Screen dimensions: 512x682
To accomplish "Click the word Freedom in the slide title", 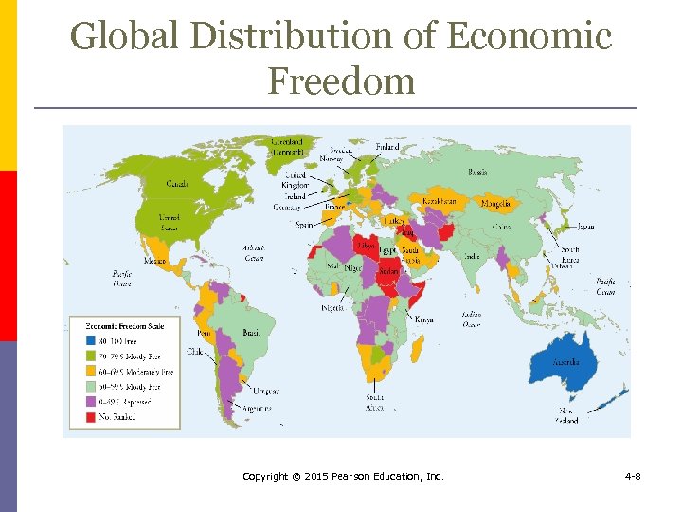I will click(x=341, y=81).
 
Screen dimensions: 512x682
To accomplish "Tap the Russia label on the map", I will click(x=478, y=172).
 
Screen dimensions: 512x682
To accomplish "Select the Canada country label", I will click(x=177, y=183).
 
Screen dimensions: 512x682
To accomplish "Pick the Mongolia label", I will click(x=495, y=203).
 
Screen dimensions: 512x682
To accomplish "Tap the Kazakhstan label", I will click(x=439, y=201).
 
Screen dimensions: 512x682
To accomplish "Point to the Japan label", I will click(x=586, y=226).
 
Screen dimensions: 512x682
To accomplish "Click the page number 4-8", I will click(x=632, y=475).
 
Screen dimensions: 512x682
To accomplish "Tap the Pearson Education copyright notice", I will click(x=342, y=475).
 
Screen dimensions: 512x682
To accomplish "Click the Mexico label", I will click(x=154, y=260).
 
